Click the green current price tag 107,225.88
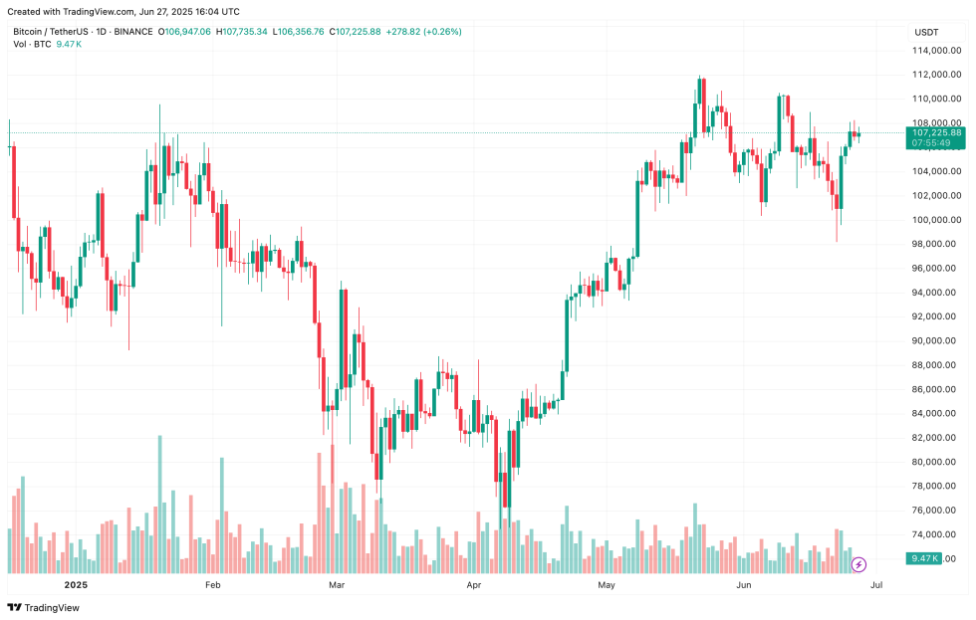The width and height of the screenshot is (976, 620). pyautogui.click(x=936, y=132)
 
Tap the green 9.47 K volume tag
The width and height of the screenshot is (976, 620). pyautogui.click(x=923, y=558)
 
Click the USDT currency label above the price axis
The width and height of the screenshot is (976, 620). pyautogui.click(x=926, y=32)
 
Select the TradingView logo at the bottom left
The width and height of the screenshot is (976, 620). pyautogui.click(x=44, y=607)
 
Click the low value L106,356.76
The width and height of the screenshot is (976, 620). pyautogui.click(x=298, y=32)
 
